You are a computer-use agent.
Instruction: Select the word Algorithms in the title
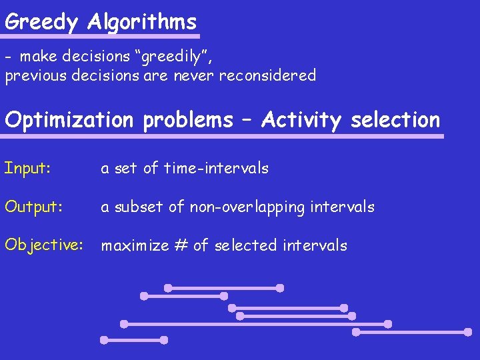pyautogui.click(x=142, y=22)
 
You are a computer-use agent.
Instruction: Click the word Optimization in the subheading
pyautogui.click(x=69, y=120)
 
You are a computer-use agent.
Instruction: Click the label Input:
pyautogui.click(x=27, y=168)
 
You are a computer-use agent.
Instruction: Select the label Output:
pyautogui.click(x=34, y=207)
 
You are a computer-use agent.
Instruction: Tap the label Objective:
pyautogui.click(x=43, y=245)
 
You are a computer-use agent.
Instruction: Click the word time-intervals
pyautogui.click(x=216, y=168)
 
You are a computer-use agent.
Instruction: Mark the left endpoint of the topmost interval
pyautogui.click(x=168, y=288)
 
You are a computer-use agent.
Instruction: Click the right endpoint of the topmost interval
pyautogui.click(x=280, y=288)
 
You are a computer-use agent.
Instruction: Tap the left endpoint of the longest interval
pyautogui.click(x=124, y=324)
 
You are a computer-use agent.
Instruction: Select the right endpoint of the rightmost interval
pyautogui.click(x=468, y=331)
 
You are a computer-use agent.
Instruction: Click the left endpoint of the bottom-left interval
pyautogui.click(x=104, y=340)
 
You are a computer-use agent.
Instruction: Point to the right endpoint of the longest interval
pyautogui.click(x=388, y=324)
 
